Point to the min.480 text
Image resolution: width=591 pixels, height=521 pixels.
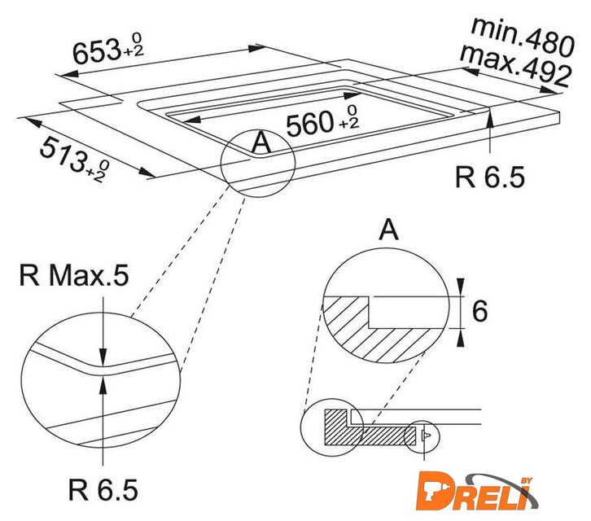coord(523,37)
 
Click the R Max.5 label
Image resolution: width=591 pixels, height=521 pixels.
coord(74,275)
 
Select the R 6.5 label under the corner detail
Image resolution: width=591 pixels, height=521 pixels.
coord(103,489)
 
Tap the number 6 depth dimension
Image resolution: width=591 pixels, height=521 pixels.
coord(479,312)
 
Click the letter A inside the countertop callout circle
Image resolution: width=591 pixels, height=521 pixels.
coord(261,143)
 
